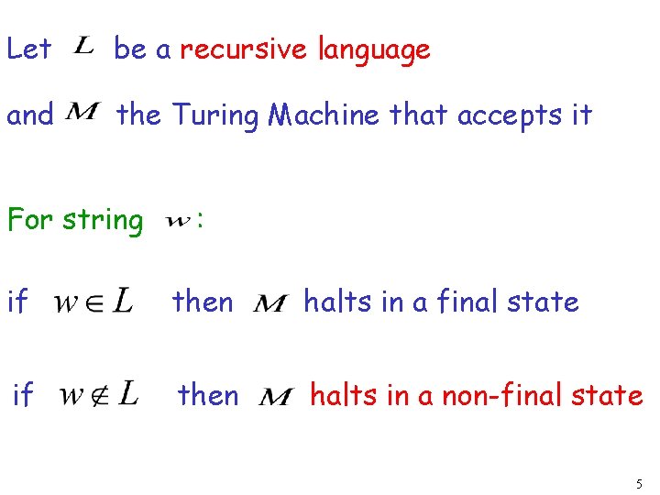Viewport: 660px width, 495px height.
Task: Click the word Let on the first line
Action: pyautogui.click(x=28, y=49)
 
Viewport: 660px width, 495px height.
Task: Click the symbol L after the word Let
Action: pyautogui.click(x=82, y=46)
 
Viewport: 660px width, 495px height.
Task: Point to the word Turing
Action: pyautogui.click(x=214, y=116)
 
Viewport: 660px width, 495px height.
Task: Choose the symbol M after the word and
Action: pyautogui.click(x=84, y=113)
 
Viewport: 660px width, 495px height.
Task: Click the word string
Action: pyautogui.click(x=103, y=221)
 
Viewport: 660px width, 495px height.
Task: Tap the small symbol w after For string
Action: pyautogui.click(x=180, y=220)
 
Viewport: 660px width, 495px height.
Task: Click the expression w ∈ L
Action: pyautogui.click(x=94, y=301)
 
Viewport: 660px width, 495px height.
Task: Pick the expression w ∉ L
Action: pyautogui.click(x=100, y=395)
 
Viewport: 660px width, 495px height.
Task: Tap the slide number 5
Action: pyautogui.click(x=638, y=482)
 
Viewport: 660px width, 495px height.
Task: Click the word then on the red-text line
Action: pyautogui.click(x=208, y=395)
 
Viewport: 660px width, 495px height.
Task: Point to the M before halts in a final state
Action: pyautogui.click(x=269, y=302)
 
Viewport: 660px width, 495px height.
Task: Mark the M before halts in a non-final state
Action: pyautogui.click(x=276, y=397)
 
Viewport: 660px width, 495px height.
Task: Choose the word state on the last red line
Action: pyautogui.click(x=607, y=395)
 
